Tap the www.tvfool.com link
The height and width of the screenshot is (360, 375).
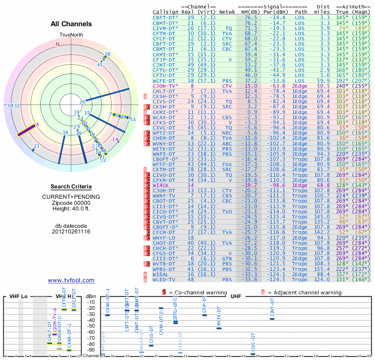[x=71, y=280]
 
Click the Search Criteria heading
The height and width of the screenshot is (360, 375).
[x=71, y=187]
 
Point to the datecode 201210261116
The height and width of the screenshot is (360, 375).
[x=71, y=232]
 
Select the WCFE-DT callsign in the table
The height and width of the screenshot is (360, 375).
[x=165, y=81]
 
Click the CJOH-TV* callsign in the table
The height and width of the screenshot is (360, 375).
[x=165, y=86]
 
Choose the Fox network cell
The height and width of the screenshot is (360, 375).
[x=227, y=164]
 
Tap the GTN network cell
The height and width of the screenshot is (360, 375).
[x=227, y=257]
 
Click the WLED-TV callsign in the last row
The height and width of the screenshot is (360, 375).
[x=165, y=280]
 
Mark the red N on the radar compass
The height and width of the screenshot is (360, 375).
[x=58, y=44]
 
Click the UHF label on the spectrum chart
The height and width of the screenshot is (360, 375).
[x=235, y=297]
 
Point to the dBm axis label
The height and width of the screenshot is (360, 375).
[x=91, y=296]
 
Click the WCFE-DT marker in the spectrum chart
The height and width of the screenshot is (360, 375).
[x=219, y=328]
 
